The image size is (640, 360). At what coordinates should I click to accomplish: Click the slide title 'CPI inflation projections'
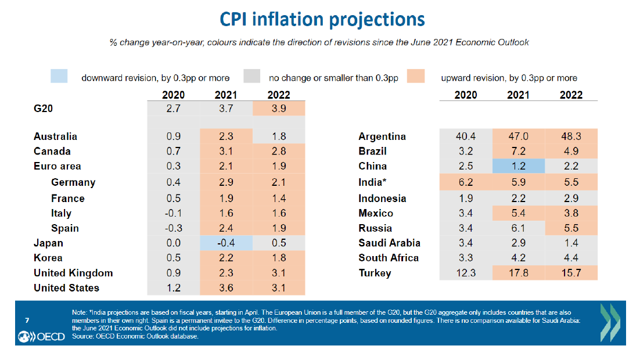(x=322, y=19)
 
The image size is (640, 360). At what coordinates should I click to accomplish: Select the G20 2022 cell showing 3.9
(x=279, y=109)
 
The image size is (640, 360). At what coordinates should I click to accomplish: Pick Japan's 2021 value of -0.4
(x=226, y=243)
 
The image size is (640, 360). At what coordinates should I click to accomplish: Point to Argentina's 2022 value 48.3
(x=571, y=137)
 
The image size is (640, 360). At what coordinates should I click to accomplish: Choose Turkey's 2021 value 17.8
(x=518, y=273)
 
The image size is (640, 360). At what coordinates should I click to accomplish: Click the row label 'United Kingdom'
(x=73, y=273)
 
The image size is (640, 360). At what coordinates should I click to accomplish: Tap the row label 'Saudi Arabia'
(x=389, y=243)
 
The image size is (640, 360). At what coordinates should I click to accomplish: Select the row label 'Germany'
(x=73, y=182)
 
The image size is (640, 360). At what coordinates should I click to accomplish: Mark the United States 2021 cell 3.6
(x=226, y=288)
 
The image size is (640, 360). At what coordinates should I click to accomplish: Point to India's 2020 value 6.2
(x=466, y=182)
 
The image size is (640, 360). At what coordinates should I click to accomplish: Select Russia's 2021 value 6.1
(x=518, y=228)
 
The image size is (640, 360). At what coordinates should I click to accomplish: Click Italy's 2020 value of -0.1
(x=173, y=213)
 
